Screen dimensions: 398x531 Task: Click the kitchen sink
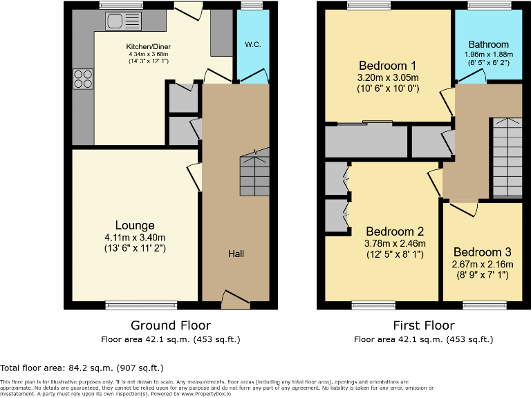(123, 21)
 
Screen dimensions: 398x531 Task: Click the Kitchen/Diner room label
(149, 47)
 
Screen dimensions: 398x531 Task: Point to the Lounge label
(135, 225)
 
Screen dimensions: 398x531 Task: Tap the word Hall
(236, 254)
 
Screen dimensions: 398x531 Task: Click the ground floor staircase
(253, 175)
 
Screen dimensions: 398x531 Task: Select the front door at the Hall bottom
(235, 300)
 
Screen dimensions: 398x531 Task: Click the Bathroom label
(488, 45)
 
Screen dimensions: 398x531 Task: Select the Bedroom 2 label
(395, 231)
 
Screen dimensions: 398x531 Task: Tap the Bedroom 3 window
(482, 303)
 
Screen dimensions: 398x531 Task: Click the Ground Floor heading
(171, 325)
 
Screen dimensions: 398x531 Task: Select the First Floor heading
(423, 325)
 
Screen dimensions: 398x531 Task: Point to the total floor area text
(82, 368)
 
